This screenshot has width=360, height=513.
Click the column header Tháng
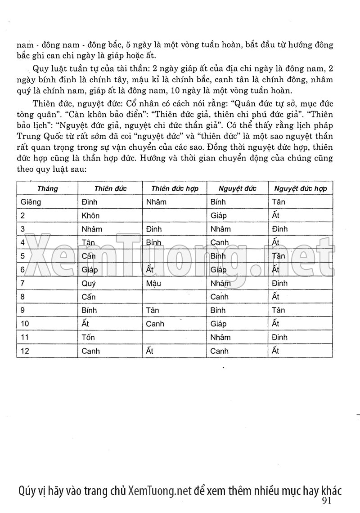[x=48, y=188]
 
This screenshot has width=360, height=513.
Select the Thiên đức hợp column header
[x=175, y=188]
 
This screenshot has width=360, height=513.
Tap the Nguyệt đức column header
[x=238, y=188]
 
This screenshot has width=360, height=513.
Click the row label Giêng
[x=31, y=202]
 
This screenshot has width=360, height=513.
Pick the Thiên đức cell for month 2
[x=91, y=215]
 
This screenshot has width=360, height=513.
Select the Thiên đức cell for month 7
[x=89, y=283]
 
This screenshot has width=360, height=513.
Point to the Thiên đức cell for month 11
[x=88, y=337]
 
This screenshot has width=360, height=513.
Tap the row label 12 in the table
[x=25, y=351]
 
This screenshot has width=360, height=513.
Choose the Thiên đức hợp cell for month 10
[x=155, y=324]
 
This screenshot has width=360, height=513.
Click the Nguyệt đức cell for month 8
[x=220, y=297]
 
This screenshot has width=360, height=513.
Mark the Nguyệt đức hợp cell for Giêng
[x=279, y=202]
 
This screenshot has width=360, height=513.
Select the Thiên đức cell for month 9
[x=89, y=310]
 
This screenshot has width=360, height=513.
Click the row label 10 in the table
[x=25, y=324]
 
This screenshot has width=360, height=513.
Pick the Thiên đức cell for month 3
[x=92, y=229]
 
